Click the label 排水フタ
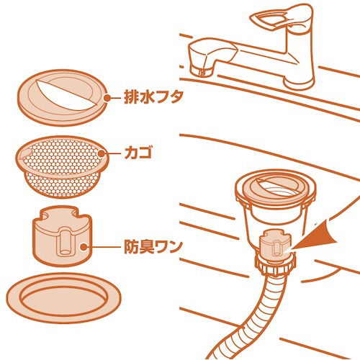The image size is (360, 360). tap(153, 97)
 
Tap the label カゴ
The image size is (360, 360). tap(138, 153)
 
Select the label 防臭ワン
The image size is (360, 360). tap(152, 247)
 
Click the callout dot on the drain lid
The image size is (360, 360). tap(107, 98)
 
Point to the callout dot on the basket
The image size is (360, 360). tap(102, 153)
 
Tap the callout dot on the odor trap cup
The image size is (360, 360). tap(84, 247)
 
